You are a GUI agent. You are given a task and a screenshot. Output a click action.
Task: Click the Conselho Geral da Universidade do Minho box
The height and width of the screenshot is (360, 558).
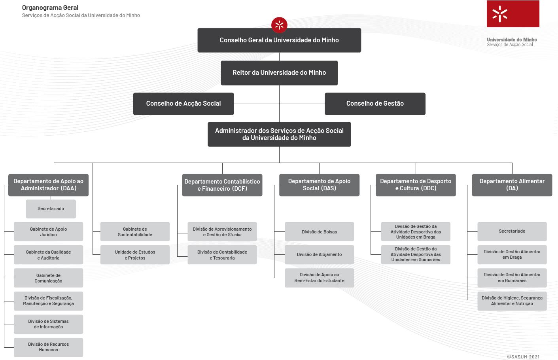279,40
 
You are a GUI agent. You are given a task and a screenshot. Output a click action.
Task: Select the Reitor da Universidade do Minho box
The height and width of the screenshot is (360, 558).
279,73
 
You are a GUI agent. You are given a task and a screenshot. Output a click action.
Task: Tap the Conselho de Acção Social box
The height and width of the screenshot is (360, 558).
183,104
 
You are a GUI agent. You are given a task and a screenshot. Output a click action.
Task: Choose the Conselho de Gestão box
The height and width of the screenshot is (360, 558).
375,104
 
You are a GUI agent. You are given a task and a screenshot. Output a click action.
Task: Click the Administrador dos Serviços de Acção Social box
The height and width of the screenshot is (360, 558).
279,134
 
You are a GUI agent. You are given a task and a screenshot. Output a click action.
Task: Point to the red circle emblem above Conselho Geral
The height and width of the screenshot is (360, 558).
279,25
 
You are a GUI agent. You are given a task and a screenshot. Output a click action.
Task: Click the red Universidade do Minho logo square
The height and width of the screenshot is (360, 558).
513,14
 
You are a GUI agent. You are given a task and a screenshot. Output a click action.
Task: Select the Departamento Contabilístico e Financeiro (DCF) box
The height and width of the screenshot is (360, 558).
222,185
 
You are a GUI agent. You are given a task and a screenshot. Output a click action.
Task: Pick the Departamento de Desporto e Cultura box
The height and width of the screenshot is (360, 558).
416,185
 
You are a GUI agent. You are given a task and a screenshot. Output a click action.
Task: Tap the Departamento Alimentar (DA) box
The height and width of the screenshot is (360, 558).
512,185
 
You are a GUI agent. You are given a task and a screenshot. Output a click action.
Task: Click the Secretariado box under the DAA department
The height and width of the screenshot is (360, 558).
51,209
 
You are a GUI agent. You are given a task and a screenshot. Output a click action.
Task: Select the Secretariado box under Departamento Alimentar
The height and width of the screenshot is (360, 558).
512,231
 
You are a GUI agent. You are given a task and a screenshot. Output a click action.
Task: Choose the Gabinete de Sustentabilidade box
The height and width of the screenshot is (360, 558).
135,231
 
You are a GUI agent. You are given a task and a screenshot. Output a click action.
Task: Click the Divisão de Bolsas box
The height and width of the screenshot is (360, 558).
320,231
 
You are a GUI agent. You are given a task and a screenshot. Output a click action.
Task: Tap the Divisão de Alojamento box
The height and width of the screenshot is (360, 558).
320,255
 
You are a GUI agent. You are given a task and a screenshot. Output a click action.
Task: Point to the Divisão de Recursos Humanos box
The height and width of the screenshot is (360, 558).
48,347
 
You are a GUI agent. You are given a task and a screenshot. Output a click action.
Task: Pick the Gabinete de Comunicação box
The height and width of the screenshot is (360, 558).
48,278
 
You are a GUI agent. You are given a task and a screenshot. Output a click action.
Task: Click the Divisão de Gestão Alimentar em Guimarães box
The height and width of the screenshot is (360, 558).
512,278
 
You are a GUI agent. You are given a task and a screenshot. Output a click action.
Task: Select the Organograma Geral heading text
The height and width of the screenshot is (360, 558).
50,8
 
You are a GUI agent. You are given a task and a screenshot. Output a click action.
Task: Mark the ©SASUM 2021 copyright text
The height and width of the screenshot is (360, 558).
523,357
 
